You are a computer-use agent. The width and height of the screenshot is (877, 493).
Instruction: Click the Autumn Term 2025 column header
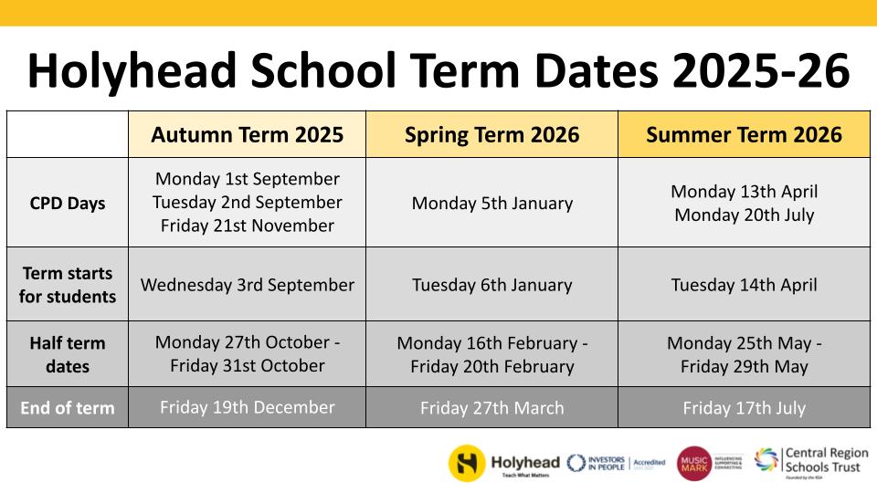click(247, 135)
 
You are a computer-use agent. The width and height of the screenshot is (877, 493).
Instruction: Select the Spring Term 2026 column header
click(491, 135)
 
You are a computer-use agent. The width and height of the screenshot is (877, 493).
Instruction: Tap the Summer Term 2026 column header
click(744, 135)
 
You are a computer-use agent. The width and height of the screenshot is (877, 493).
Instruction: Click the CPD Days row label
click(68, 203)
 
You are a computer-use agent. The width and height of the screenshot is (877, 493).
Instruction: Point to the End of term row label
click(68, 408)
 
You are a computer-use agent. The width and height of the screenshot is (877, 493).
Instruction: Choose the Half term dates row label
click(68, 354)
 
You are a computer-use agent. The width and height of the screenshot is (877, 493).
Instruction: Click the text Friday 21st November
click(247, 226)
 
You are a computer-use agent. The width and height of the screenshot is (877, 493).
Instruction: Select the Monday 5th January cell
click(491, 203)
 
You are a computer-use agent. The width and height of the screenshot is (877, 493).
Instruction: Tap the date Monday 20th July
click(744, 215)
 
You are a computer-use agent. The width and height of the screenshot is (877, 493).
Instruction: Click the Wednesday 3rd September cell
click(247, 284)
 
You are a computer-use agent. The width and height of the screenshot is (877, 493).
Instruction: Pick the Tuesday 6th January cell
click(491, 284)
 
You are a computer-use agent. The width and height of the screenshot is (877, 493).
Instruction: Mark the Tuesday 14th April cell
click(744, 284)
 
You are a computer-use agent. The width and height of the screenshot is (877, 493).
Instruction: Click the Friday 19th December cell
click(247, 407)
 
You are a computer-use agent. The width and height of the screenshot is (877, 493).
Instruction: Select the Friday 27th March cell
click(491, 408)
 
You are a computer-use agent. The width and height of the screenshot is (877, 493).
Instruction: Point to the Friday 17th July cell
click(744, 408)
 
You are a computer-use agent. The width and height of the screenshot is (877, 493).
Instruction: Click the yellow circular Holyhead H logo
click(467, 463)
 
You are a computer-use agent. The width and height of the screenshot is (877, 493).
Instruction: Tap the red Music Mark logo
click(693, 463)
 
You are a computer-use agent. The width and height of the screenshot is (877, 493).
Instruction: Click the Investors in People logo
click(599, 463)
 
